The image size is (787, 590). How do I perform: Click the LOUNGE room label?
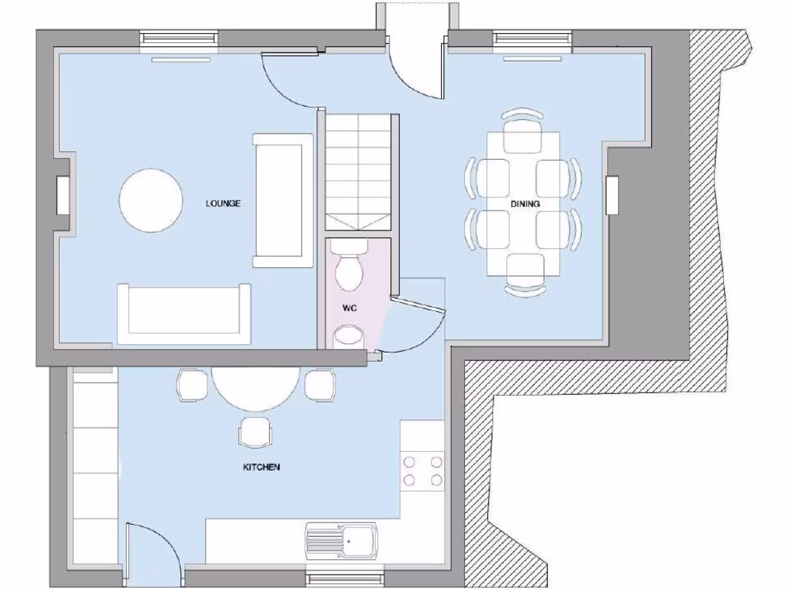223,204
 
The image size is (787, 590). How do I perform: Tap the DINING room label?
525,204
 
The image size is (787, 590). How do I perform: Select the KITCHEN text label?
261,467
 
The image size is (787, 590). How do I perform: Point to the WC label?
350,308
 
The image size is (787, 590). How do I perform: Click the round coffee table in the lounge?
151,201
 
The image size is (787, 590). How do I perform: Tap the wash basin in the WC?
350,335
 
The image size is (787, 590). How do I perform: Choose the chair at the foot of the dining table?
525,275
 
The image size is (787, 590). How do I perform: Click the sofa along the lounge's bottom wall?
183,313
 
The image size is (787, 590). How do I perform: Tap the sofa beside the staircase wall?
283,200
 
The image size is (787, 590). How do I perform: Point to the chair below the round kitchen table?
254,432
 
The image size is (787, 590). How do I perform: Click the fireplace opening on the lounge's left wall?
63,194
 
